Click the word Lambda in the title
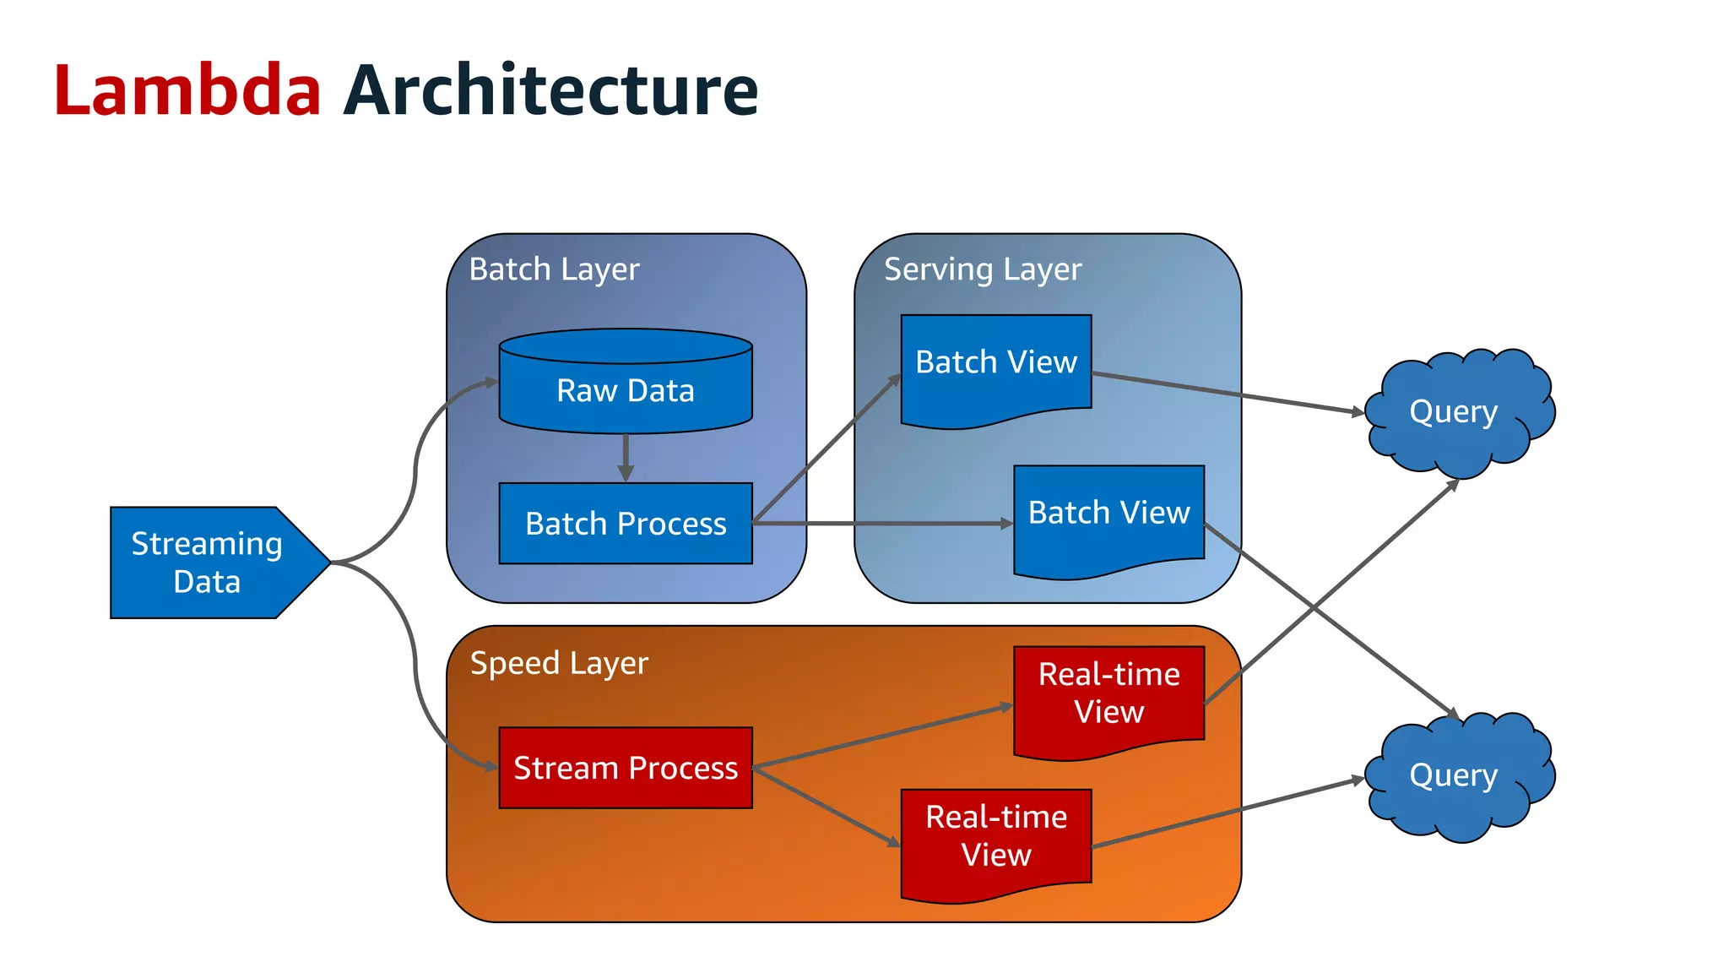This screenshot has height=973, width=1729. pos(187,90)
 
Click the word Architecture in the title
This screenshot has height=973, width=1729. pos(550,90)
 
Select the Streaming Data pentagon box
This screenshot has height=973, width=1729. pos(207,563)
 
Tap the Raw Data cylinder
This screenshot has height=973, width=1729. pos(625,390)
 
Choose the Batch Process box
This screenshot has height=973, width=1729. pos(625,524)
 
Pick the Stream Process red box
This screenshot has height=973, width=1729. pos(625,768)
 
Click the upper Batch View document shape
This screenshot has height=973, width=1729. pos(996,363)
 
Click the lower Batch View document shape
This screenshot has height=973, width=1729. pos(1108,514)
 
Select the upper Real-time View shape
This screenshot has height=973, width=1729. pos(1108,693)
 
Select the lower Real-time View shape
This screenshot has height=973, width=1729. pos(996,836)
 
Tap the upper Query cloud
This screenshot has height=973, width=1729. pos(1454,411)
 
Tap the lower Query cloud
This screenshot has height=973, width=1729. pos(1454,775)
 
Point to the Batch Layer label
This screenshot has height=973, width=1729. pos(554,269)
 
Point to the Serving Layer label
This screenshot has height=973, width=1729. pos(982,269)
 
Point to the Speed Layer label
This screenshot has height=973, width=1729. pos(559,663)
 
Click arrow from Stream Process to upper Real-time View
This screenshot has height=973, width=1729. pos(882,737)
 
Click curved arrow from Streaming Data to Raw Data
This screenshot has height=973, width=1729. pos(415,473)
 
